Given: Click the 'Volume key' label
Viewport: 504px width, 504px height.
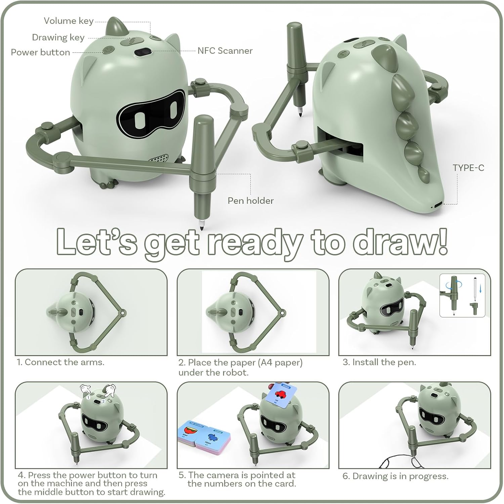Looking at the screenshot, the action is coord(69,21).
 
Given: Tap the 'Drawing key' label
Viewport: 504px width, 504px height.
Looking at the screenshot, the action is coord(58,37).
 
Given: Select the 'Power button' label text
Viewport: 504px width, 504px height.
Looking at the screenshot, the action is coord(40,52).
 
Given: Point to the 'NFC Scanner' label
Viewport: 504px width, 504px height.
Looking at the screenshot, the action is coord(225,50).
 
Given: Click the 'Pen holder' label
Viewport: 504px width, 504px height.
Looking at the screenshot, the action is coord(251,200).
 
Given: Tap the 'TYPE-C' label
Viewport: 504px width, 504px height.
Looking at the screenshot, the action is coord(468,168).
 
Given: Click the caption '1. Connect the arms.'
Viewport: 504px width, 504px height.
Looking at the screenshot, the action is coord(61,362).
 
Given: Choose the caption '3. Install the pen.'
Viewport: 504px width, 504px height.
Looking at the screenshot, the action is coord(379,362).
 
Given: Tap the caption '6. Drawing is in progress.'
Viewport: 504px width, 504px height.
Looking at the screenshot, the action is coord(395,476).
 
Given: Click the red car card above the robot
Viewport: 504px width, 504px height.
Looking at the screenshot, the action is coord(282,393).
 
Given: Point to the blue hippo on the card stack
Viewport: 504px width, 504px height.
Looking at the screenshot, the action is coord(212,437).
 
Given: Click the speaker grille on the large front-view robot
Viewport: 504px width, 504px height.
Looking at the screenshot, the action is coord(159,158).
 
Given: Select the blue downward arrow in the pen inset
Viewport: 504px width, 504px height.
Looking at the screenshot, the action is coord(480,288).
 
